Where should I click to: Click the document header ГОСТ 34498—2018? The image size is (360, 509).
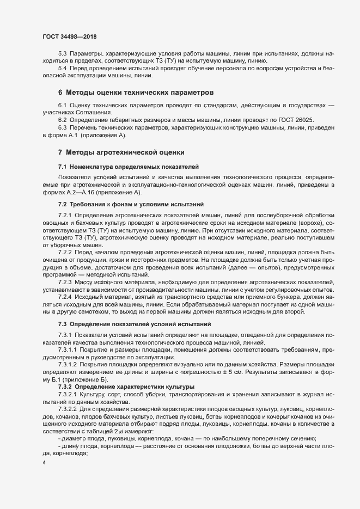coord(70,36)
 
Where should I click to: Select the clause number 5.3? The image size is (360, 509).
coord(62,56)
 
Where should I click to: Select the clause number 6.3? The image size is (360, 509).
coord(62,127)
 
